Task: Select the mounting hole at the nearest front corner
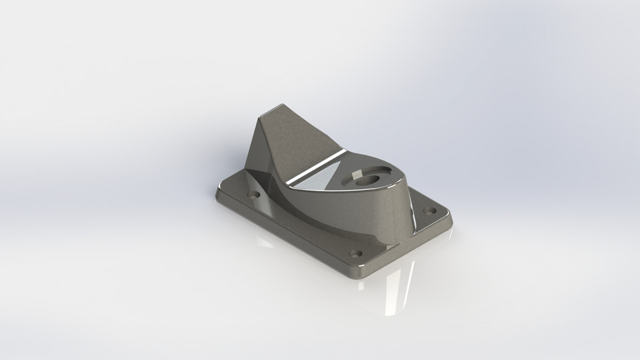pyautogui.click(x=355, y=254)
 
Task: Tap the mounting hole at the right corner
pyautogui.click(x=430, y=211)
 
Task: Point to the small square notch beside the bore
pyautogui.click(x=355, y=173)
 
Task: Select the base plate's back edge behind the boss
pyautogui.click(x=427, y=193)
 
